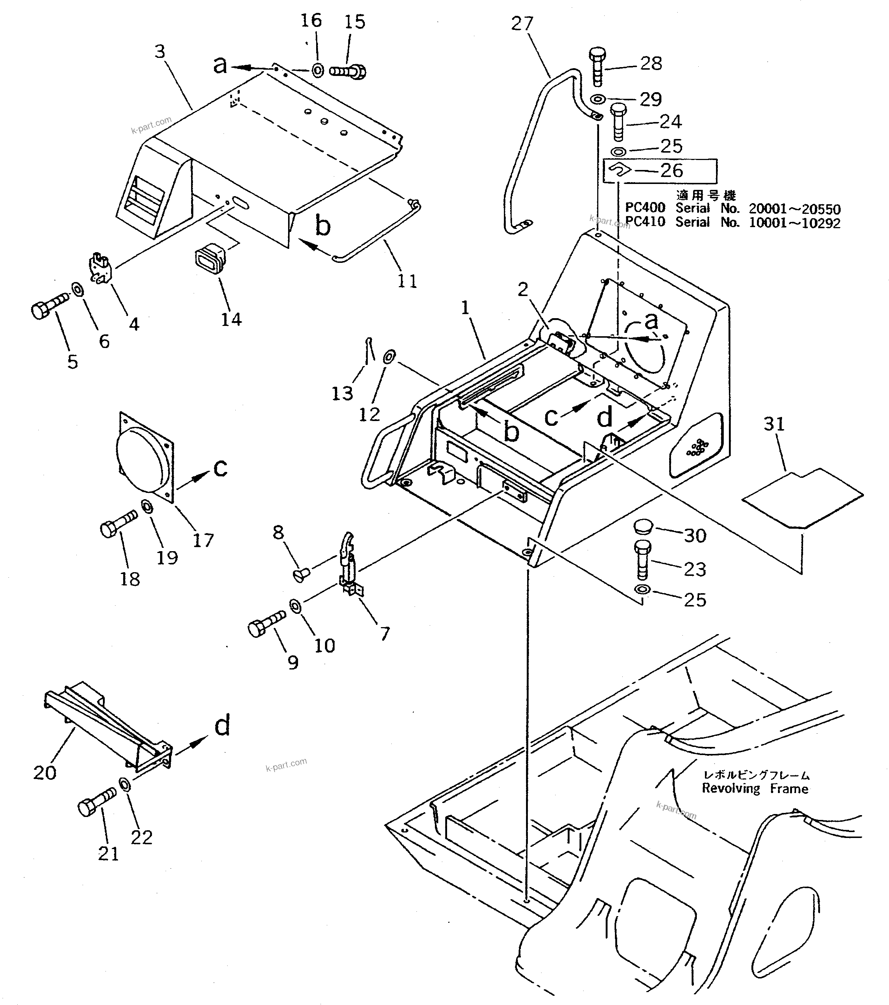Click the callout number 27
point(522,24)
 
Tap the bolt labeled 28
point(597,66)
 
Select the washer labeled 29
point(597,99)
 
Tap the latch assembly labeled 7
point(348,564)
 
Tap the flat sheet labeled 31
point(802,498)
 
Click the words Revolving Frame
point(755,789)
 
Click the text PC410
point(645,222)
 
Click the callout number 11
point(407,281)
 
